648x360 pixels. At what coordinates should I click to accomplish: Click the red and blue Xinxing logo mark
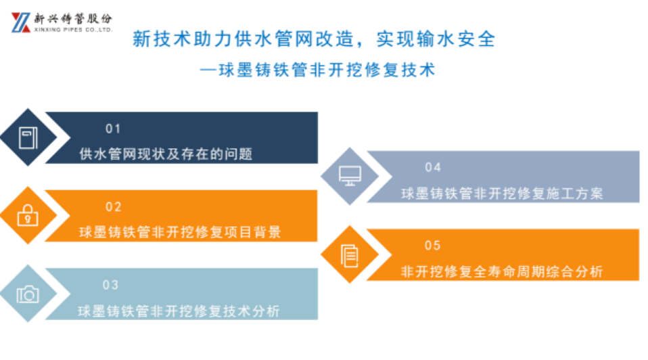pyautogui.click(x=21, y=22)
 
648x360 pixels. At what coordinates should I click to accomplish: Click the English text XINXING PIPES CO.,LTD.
pyautogui.click(x=73, y=30)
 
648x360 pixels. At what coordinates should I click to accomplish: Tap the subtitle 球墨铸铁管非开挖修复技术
pyautogui.click(x=327, y=70)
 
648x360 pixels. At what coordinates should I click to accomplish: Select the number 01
pyautogui.click(x=113, y=129)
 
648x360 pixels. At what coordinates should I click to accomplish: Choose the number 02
pyautogui.click(x=113, y=206)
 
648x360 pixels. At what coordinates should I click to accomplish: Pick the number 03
pyautogui.click(x=110, y=285)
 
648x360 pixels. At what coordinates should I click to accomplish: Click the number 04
pyautogui.click(x=433, y=167)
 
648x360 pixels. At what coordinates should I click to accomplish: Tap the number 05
pyautogui.click(x=433, y=246)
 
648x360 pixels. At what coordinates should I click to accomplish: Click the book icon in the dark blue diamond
pyautogui.click(x=28, y=137)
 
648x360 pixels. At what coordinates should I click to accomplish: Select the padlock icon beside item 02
pyautogui.click(x=28, y=215)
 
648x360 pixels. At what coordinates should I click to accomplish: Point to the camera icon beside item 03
pyautogui.click(x=28, y=294)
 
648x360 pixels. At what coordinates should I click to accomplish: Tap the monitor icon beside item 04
pyautogui.click(x=350, y=176)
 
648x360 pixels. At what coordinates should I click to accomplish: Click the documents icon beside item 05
pyautogui.click(x=350, y=255)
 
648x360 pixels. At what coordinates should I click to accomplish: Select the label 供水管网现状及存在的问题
pyautogui.click(x=166, y=154)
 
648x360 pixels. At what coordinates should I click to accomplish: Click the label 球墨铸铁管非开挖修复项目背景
pyautogui.click(x=180, y=232)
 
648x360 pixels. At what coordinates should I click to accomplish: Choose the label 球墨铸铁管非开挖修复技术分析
pyautogui.click(x=179, y=311)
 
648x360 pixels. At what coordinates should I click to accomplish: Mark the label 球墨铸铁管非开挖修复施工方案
pyautogui.click(x=502, y=194)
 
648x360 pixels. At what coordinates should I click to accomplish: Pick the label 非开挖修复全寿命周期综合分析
pyautogui.click(x=502, y=271)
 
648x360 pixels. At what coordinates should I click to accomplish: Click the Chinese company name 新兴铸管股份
pyautogui.click(x=73, y=18)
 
